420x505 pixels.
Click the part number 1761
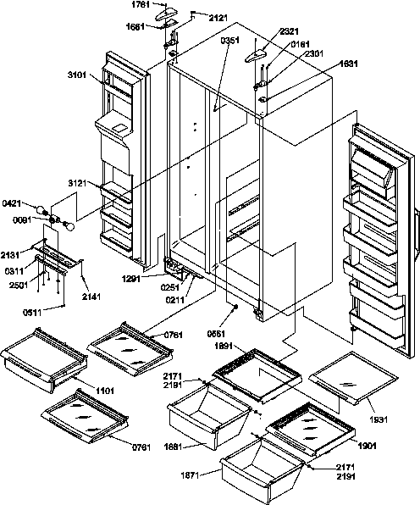[x=141, y=5]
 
